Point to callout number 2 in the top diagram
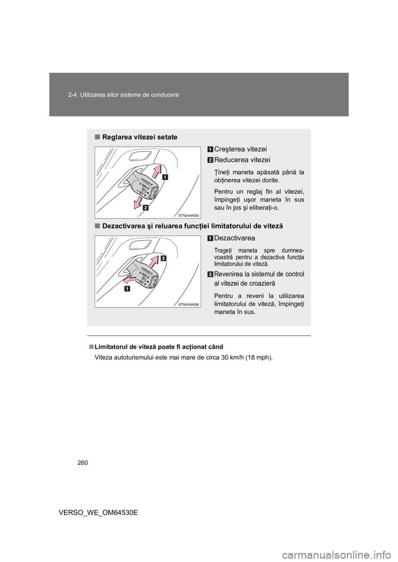point(146,208)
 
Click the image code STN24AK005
point(189,216)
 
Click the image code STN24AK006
point(189,304)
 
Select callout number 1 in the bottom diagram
point(125,288)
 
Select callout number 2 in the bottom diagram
point(163,258)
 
